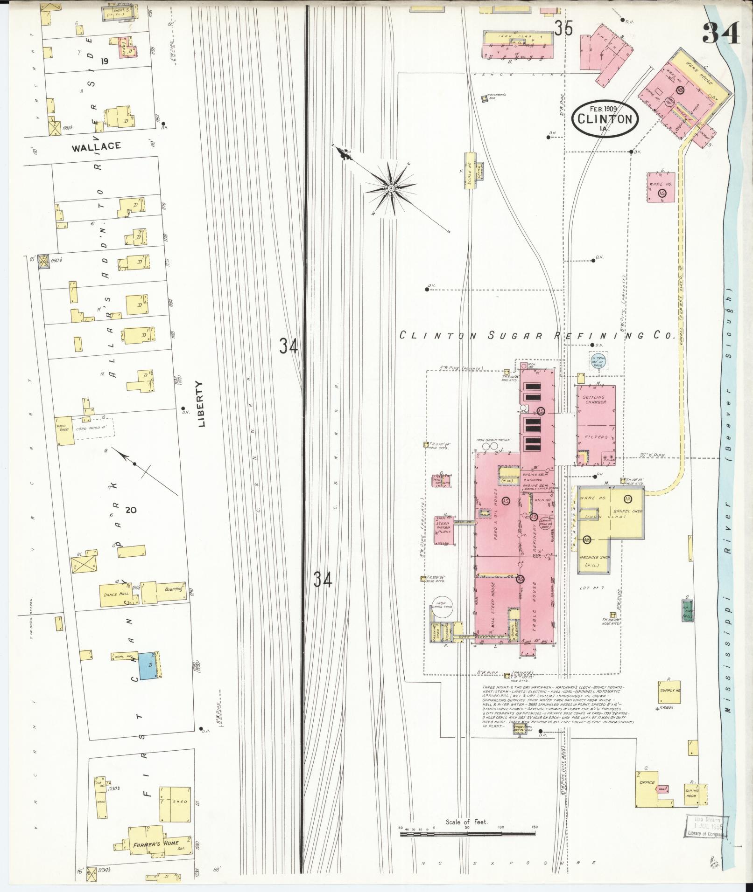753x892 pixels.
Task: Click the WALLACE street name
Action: (97, 146)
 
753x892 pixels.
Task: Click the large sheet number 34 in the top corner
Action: (721, 33)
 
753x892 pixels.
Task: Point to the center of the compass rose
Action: (391, 188)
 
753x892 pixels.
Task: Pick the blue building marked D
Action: (149, 665)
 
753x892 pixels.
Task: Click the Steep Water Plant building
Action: (443, 530)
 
